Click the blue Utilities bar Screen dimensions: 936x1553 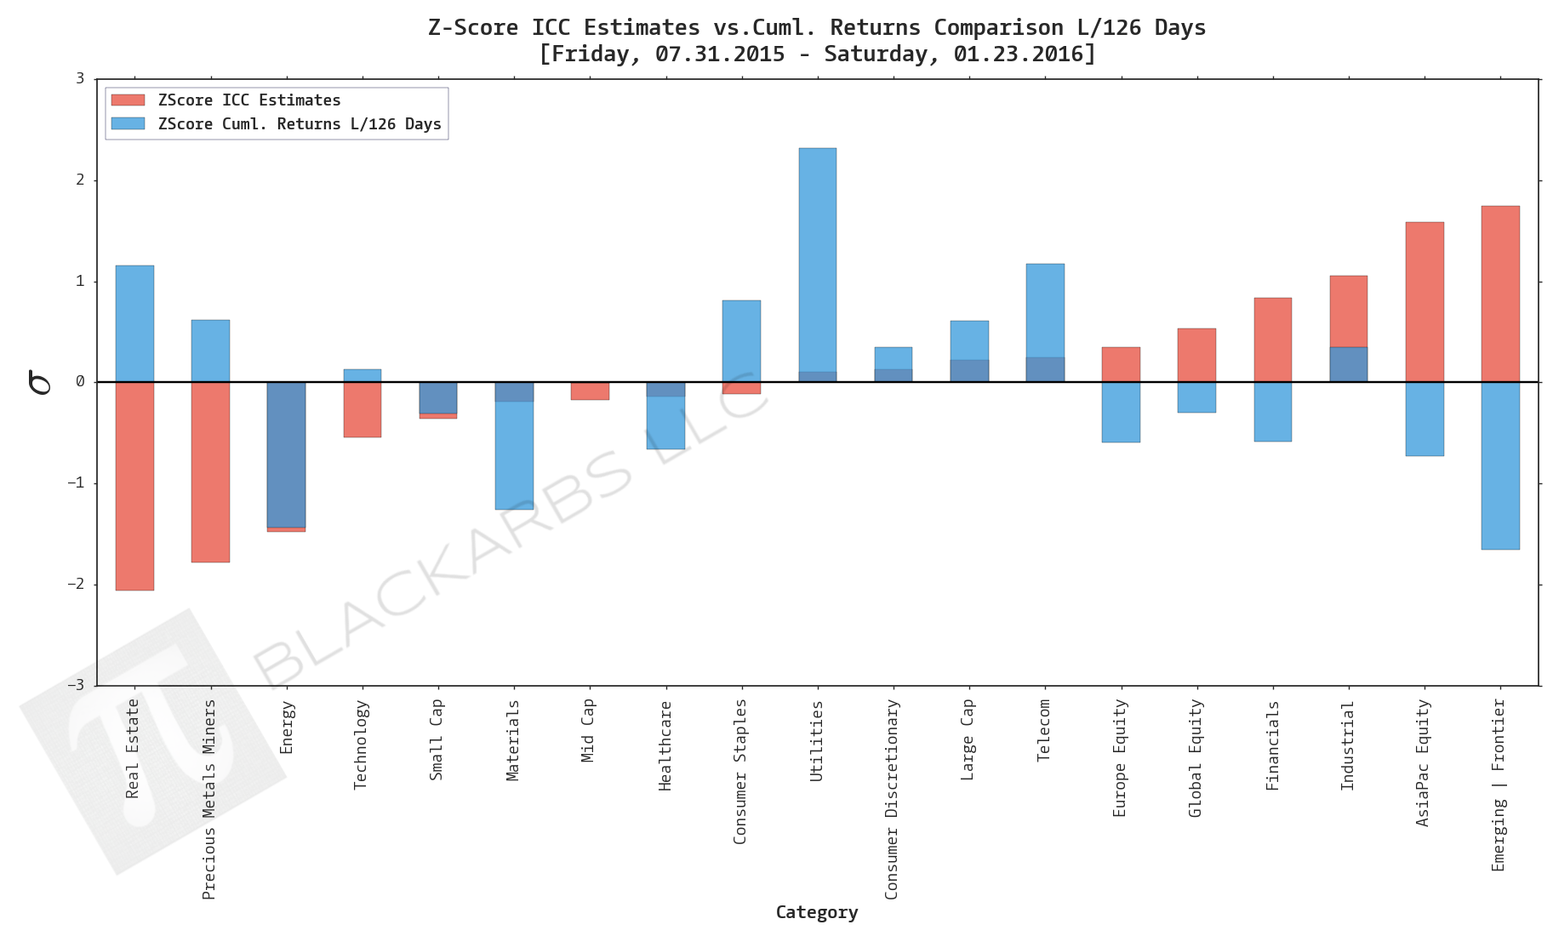click(x=817, y=255)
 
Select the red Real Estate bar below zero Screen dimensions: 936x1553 click(x=134, y=485)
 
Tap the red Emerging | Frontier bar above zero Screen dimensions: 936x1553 click(x=1499, y=294)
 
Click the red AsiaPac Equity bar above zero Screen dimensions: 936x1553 click(x=1424, y=302)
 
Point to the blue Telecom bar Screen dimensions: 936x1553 click(x=1044, y=311)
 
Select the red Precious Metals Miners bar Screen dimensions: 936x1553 click(x=210, y=472)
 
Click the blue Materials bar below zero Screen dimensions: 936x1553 click(x=514, y=455)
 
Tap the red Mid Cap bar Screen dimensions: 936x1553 click(x=590, y=391)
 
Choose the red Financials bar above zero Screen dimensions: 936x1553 click(x=1272, y=340)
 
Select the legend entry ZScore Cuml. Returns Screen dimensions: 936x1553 click(x=299, y=124)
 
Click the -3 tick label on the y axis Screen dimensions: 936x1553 click(x=77, y=685)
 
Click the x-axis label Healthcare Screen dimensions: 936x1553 click(x=665, y=745)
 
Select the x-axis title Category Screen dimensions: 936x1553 click(x=816, y=912)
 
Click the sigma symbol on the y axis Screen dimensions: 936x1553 click(x=39, y=382)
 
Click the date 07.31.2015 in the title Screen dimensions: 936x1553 click(x=719, y=54)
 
